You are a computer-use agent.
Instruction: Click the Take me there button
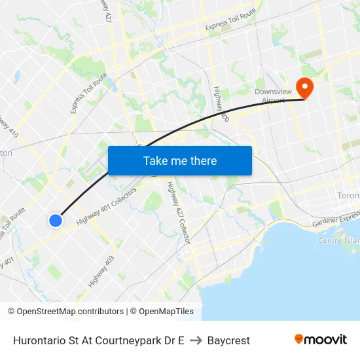point(179,160)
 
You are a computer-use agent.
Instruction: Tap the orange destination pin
point(304,87)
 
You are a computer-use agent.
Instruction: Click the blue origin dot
point(56,221)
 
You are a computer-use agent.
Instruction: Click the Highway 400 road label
point(221,105)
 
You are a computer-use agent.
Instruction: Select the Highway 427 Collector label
point(177,213)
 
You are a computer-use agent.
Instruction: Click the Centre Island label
point(339,240)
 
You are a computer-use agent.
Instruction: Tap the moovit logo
point(320,340)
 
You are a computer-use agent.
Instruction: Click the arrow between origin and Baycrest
point(196,340)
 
